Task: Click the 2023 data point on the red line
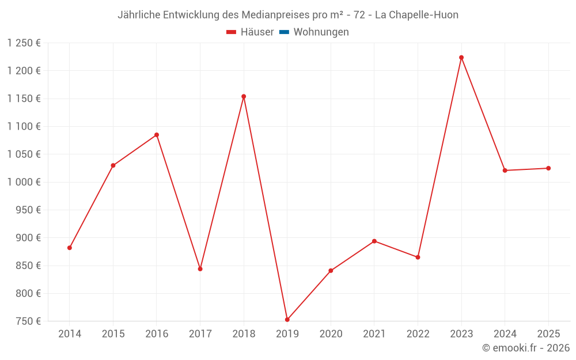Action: pos(461,58)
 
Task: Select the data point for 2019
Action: pos(287,320)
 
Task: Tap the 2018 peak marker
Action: pos(244,97)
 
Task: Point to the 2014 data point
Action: pos(70,248)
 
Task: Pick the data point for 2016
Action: pos(157,135)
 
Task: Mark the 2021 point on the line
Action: pos(374,241)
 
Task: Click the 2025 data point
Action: pos(548,168)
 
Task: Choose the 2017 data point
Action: pos(200,269)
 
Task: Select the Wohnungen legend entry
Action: pos(321,32)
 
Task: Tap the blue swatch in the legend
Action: pos(284,32)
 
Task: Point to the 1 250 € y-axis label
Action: pos(24,43)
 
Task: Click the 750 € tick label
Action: pos(28,321)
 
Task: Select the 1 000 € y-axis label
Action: pos(24,182)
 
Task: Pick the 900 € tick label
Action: pos(28,238)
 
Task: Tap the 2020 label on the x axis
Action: pos(331,334)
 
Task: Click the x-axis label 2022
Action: pos(418,334)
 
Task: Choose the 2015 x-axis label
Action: pos(113,334)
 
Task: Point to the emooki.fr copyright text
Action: pos(526,348)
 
